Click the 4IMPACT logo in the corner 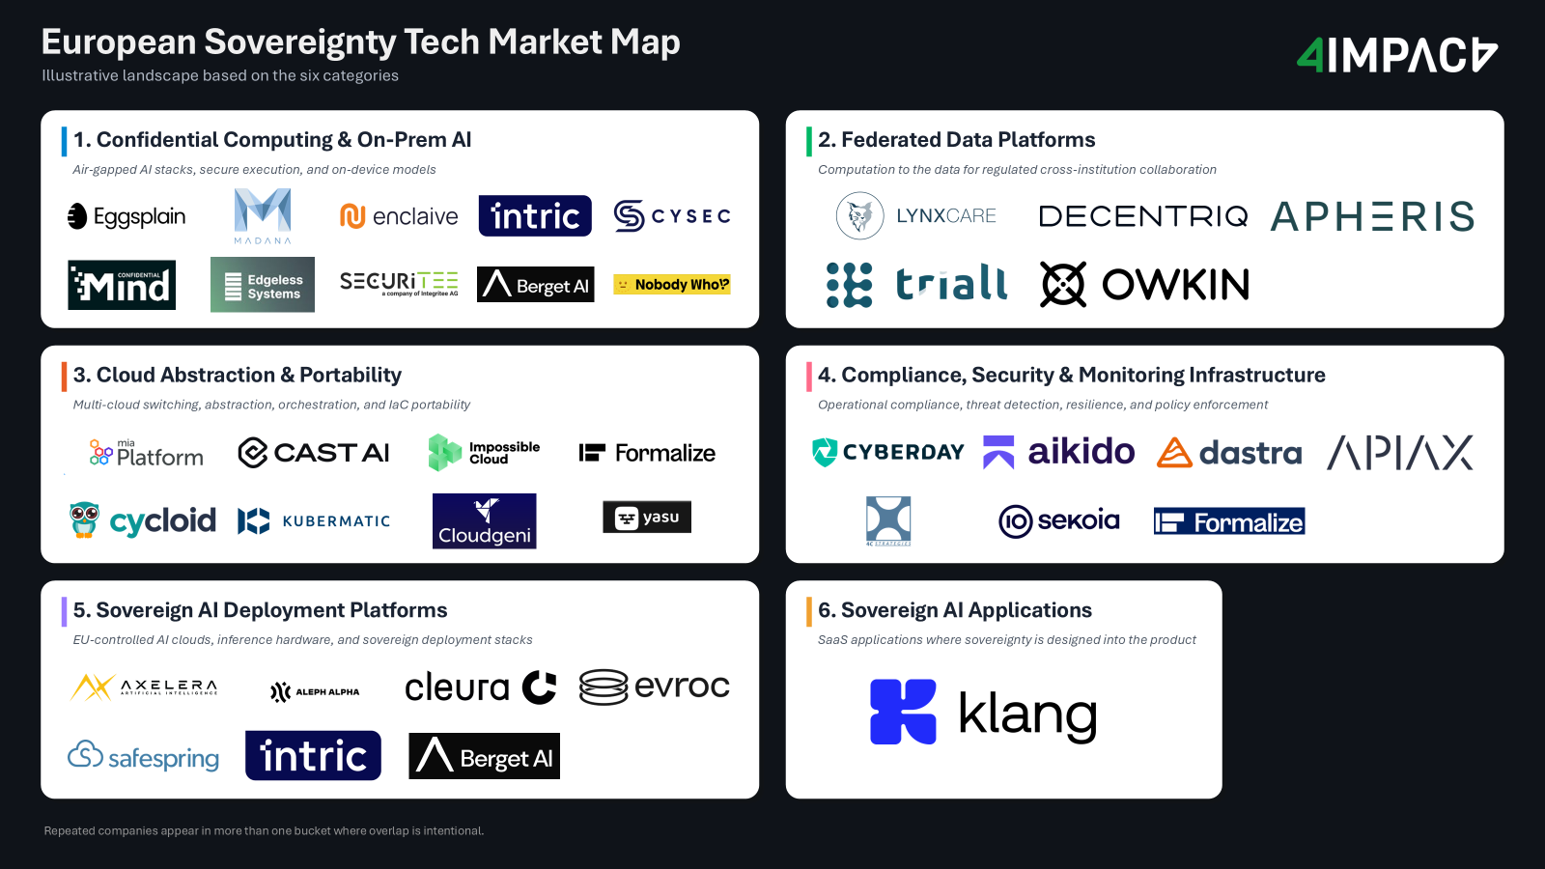point(1396,56)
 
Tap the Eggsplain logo point(126,216)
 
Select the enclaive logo point(399,216)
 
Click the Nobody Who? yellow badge point(672,284)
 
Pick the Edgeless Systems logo point(263,285)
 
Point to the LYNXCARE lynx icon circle point(859,215)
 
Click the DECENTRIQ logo point(1142,216)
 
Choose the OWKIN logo point(1144,285)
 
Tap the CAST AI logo point(314,452)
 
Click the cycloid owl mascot point(84,519)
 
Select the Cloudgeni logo point(484,521)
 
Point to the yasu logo point(647,518)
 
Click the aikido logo point(1058,452)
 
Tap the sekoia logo point(1058,521)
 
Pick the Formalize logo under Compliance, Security point(1229,521)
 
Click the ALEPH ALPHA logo point(315,691)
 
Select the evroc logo point(655,687)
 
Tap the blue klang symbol point(903,712)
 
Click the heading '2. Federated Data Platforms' point(956,140)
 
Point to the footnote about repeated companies point(264,830)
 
